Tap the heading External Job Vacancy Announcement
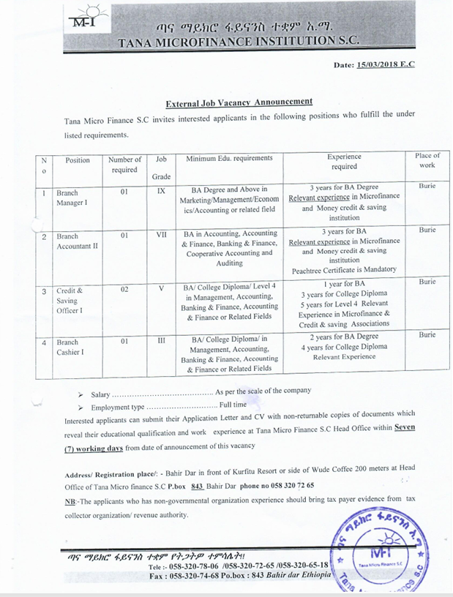(239, 102)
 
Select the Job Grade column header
(161, 168)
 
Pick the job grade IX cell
(161, 192)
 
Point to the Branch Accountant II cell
(76, 241)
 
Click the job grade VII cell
(161, 236)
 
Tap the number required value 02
(124, 290)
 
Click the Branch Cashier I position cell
(70, 347)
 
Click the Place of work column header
(427, 160)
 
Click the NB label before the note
(70, 500)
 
